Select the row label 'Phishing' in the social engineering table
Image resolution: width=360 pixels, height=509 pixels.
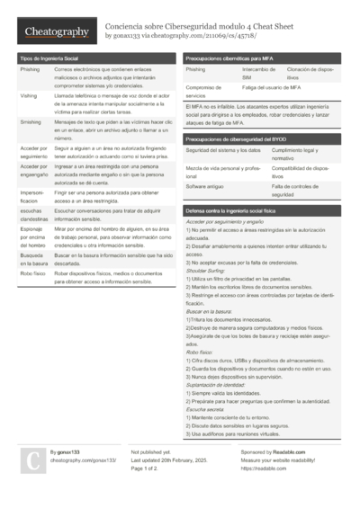click(30, 68)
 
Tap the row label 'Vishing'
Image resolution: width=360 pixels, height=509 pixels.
click(29, 94)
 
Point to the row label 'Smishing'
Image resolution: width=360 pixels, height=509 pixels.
click(30, 120)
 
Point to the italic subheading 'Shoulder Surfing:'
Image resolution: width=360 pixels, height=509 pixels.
click(205, 270)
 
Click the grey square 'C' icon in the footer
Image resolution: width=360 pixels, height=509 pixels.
click(31, 460)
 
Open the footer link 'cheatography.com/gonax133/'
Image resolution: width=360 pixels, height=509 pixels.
click(85, 460)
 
